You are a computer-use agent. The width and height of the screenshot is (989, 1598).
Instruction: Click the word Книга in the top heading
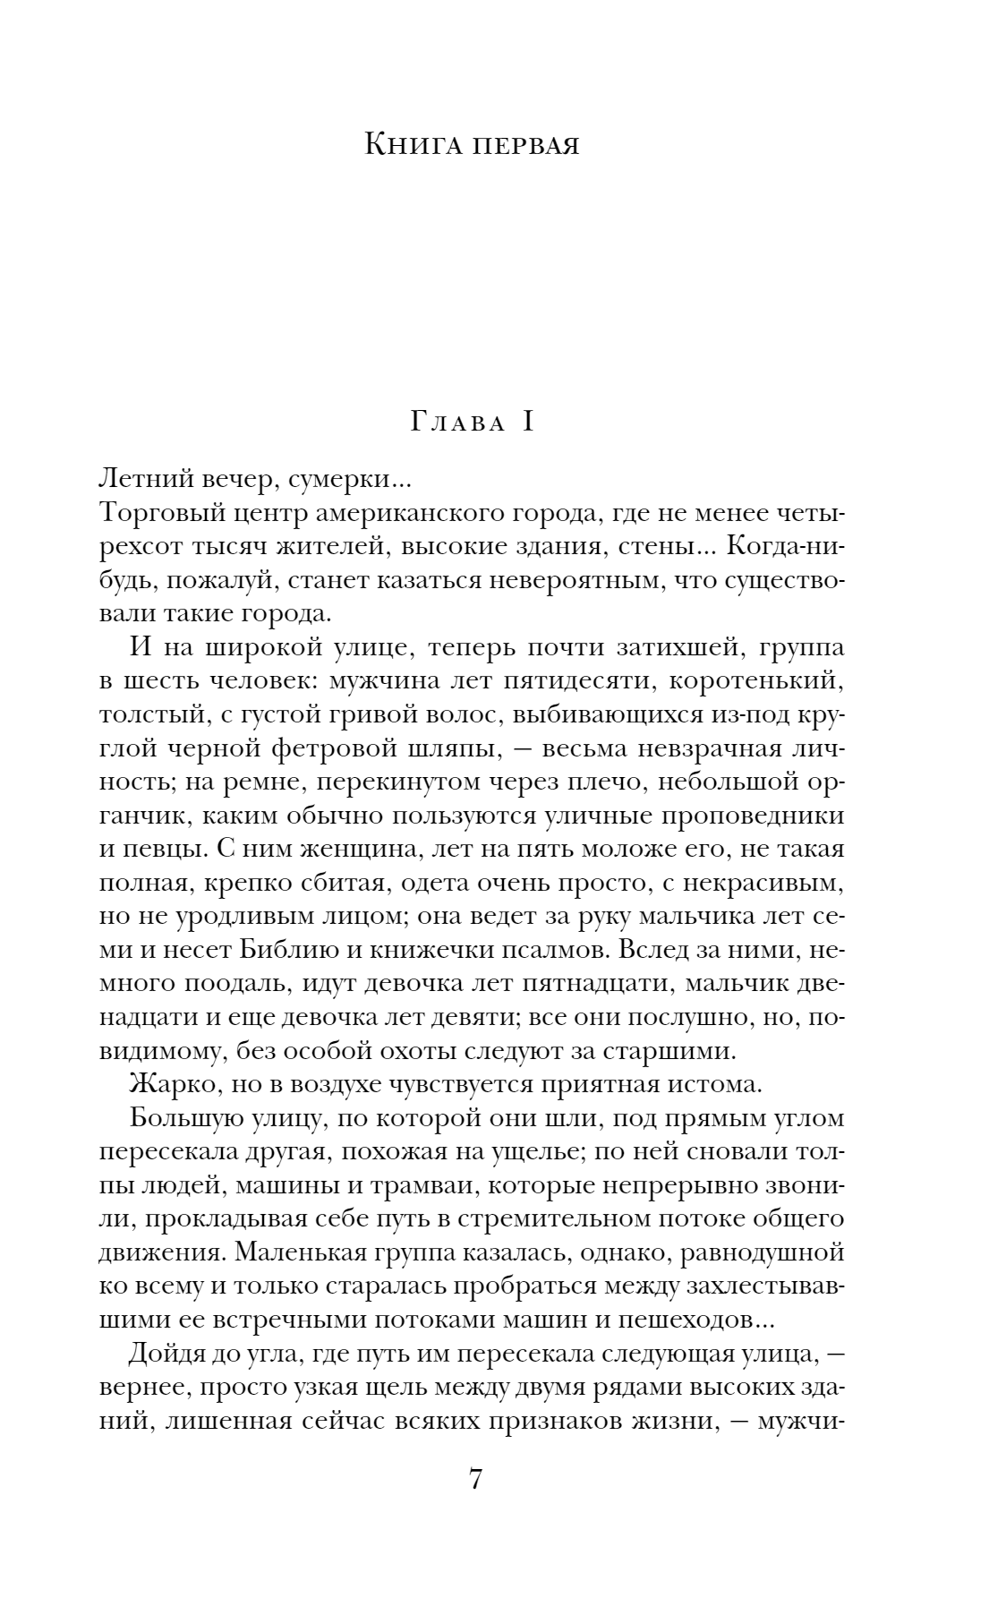(x=413, y=143)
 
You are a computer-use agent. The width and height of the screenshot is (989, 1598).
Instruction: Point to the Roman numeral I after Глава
(x=526, y=422)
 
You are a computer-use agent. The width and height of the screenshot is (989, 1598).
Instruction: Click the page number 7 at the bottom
(x=475, y=1503)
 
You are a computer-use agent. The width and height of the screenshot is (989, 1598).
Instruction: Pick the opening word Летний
(x=146, y=478)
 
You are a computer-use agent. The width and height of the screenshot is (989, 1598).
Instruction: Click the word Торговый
(x=156, y=514)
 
